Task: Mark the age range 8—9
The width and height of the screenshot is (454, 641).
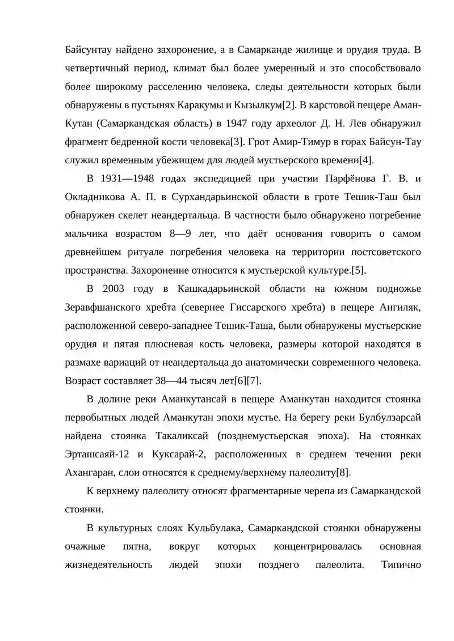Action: (174, 234)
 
